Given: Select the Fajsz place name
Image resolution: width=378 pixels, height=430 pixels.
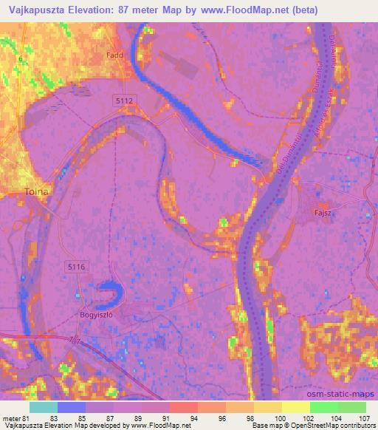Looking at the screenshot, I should pos(322,213).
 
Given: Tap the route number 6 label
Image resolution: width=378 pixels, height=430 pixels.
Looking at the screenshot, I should pos(21,58).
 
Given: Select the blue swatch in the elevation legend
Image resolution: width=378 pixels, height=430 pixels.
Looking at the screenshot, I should pos(72,407).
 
